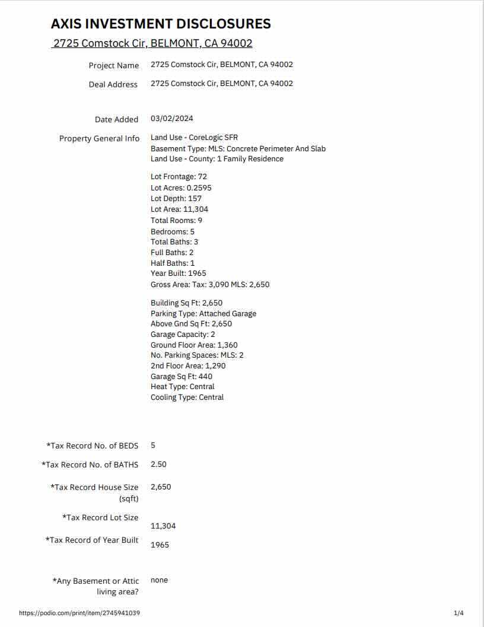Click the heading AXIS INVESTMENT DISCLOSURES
pos(161,24)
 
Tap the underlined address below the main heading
pos(152,43)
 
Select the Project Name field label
pos(114,65)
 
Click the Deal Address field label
pos(113,84)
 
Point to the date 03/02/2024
pos(172,119)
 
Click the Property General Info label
pos(100,138)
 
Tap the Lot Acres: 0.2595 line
pos(181,187)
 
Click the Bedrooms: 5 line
pos(173,231)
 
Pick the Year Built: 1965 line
pos(179,273)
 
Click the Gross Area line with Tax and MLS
pos(210,284)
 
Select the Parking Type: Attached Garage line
pos(203,313)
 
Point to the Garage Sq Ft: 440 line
pos(181,376)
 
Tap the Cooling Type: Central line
pos(187,397)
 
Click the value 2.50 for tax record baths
pos(158,464)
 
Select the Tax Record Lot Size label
pos(100,517)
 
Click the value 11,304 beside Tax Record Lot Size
pos(163,526)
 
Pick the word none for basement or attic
pos(159,580)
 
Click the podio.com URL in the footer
pos(79,613)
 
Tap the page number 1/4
pos(458,613)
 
